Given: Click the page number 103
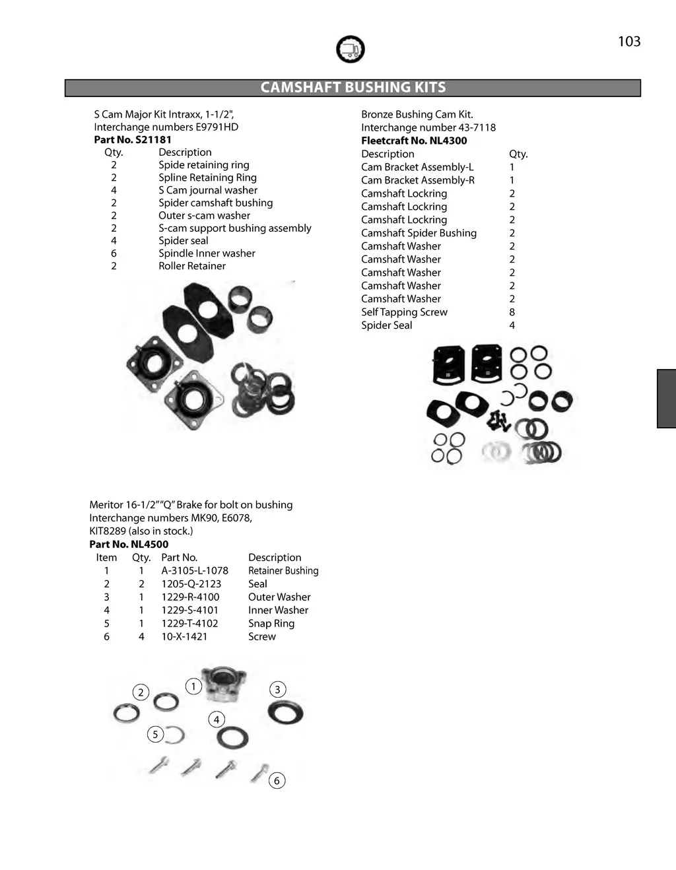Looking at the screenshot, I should (629, 42).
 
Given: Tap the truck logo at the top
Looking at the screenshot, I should (350, 50).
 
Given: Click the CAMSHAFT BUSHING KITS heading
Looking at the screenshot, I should (353, 88).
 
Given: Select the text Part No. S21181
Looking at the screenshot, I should (133, 140).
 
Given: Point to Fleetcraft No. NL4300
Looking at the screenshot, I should (414, 141).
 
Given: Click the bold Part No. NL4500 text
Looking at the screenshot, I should (129, 545).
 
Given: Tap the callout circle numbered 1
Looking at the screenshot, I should (193, 686).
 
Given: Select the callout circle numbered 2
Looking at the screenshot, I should (141, 692).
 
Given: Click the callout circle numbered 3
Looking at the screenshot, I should (277, 690).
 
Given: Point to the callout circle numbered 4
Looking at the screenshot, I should (217, 719).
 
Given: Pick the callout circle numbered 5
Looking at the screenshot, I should (155, 734).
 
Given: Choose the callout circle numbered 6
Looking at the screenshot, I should (277, 781).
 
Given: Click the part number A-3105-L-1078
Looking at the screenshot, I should (195, 571).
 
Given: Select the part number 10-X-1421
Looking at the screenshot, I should (184, 637).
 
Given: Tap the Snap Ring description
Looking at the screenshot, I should (271, 624).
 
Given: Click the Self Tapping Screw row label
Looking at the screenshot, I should (404, 312).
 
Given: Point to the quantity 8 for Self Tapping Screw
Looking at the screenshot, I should (512, 312).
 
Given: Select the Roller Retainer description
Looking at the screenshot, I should (192, 266).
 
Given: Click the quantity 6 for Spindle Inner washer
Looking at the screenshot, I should (114, 253).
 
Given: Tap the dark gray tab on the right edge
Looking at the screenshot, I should (667, 399).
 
